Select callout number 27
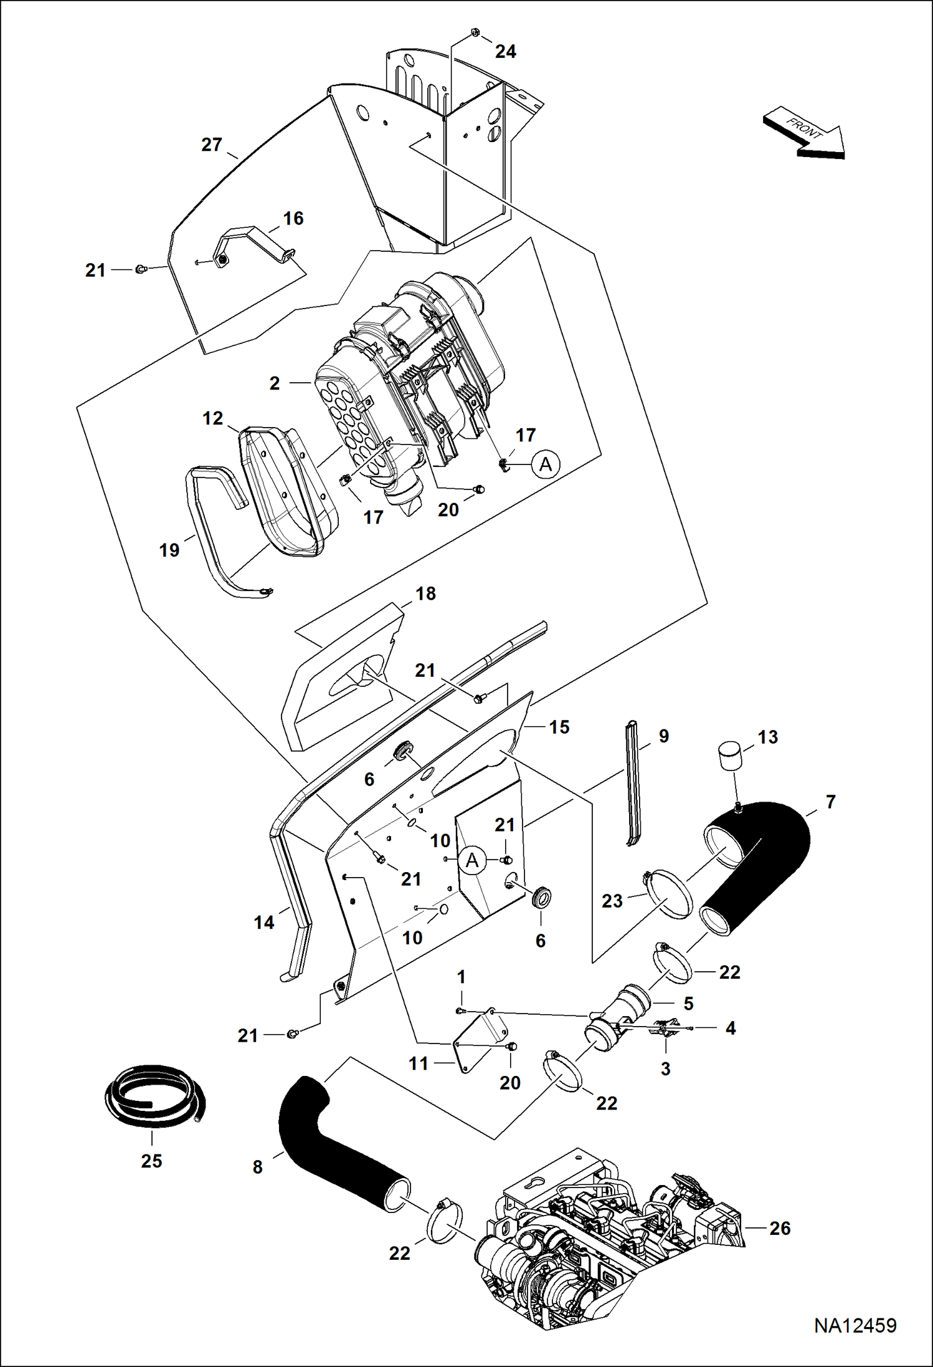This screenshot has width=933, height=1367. (x=212, y=145)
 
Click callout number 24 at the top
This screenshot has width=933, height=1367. (x=505, y=52)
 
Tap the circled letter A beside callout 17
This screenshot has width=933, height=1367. (x=546, y=464)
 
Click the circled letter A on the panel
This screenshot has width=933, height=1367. (x=472, y=860)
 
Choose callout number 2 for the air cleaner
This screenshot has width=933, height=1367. (x=275, y=383)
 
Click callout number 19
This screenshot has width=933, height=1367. (x=169, y=550)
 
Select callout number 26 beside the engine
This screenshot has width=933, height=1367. (x=780, y=1228)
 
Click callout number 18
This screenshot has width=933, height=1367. (x=425, y=593)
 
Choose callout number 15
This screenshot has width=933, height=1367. (x=559, y=727)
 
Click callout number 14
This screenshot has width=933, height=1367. (x=263, y=923)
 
